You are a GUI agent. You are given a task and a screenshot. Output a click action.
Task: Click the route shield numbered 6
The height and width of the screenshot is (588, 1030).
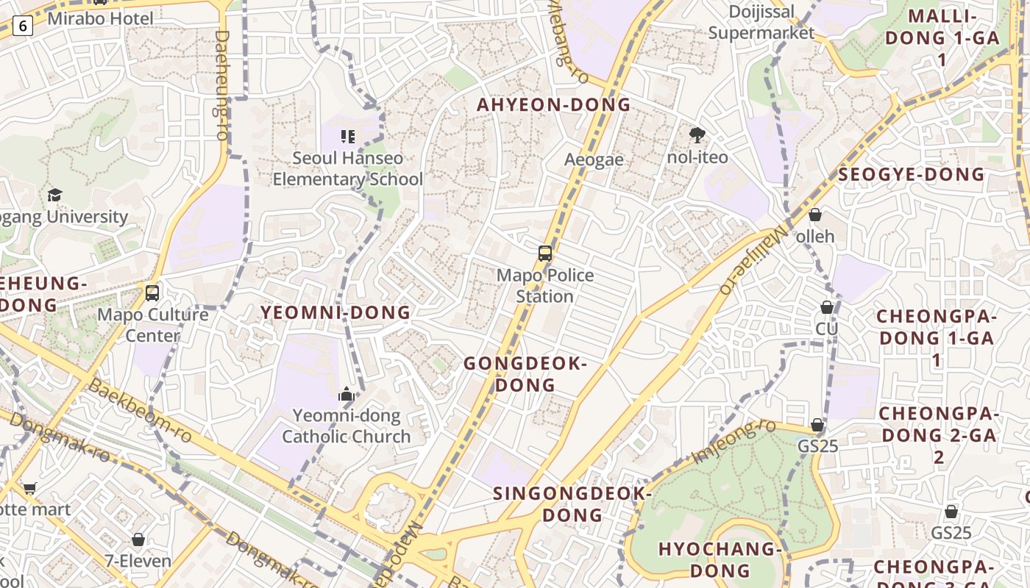coord(23,26)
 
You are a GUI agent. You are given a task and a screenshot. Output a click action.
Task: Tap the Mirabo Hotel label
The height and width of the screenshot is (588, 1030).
coord(100,18)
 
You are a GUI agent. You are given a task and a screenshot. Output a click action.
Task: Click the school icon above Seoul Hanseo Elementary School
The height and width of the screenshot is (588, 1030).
coord(348,136)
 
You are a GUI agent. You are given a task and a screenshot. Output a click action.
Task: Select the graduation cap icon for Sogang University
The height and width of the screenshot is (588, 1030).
coord(54,195)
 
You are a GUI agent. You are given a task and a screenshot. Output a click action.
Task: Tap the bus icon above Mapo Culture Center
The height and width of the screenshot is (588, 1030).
coord(152,293)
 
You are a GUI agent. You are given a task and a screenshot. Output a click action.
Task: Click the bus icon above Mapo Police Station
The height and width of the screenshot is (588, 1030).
coord(544,254)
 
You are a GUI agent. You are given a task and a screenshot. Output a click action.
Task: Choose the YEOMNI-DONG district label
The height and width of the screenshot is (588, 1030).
coord(335,312)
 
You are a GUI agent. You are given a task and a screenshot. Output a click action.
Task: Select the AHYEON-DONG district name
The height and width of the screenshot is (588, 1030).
coord(553,104)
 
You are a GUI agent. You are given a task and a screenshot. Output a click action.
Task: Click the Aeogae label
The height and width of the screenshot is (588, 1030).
coord(594,159)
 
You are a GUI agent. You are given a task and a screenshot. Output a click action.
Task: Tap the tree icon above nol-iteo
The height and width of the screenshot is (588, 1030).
coord(697,135)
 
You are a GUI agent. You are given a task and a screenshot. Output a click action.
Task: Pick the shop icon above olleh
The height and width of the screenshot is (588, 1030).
coord(814,215)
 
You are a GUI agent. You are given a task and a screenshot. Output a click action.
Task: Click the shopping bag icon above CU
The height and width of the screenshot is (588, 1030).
coord(826,307)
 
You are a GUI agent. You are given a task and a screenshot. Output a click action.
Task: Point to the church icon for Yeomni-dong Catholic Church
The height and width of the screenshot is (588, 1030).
coord(346,395)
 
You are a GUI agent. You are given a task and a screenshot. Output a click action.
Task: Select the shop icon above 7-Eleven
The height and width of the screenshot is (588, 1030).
coord(138,540)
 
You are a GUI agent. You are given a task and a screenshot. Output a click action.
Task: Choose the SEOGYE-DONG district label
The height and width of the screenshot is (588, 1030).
coord(911,174)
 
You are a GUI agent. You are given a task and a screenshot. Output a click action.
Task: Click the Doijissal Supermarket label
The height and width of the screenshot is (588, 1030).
coord(761,22)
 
